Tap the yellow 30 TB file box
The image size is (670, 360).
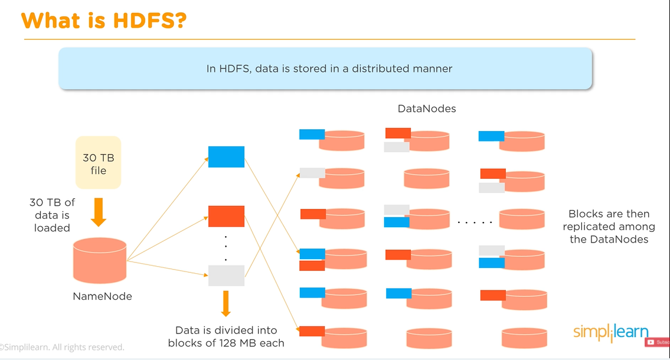pyautogui.click(x=99, y=163)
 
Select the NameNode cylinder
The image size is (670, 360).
pyautogui.click(x=100, y=259)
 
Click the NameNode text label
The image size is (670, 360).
pyautogui.click(x=102, y=296)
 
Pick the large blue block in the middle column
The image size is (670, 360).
pyautogui.click(x=226, y=156)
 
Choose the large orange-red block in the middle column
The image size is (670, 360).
pyautogui.click(x=226, y=216)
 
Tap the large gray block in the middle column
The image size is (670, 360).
pyautogui.click(x=226, y=276)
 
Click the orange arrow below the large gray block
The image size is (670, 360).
pyautogui.click(x=225, y=303)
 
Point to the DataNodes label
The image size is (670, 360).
pyautogui.click(x=427, y=109)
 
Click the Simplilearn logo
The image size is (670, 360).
pyautogui.click(x=610, y=332)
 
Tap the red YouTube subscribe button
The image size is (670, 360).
pyautogui.click(x=657, y=342)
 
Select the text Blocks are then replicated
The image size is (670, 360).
pyautogui.click(x=609, y=227)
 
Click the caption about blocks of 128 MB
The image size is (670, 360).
pyautogui.click(x=226, y=336)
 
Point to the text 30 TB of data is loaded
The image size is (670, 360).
pyautogui.click(x=53, y=215)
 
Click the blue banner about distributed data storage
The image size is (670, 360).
pyautogui.click(x=325, y=68)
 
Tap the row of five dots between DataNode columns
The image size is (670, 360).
pyautogui.click(x=475, y=223)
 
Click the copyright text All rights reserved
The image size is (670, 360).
pyautogui.click(x=63, y=348)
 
